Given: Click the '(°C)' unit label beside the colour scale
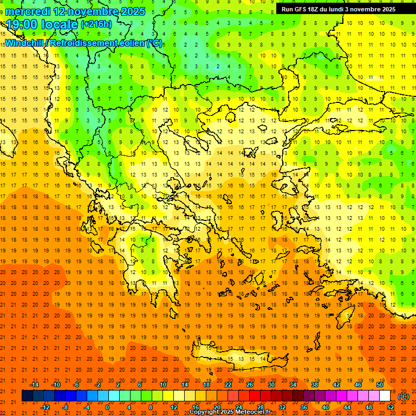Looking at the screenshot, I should click(403, 396).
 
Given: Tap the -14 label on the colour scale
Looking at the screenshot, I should click(35, 385).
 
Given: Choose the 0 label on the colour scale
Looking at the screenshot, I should click(107, 407).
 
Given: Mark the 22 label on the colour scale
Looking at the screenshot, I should click(228, 385).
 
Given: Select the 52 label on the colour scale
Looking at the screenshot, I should click(390, 407).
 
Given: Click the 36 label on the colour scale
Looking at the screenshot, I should click(304, 407).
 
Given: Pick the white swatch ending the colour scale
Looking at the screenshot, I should click(385, 396).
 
